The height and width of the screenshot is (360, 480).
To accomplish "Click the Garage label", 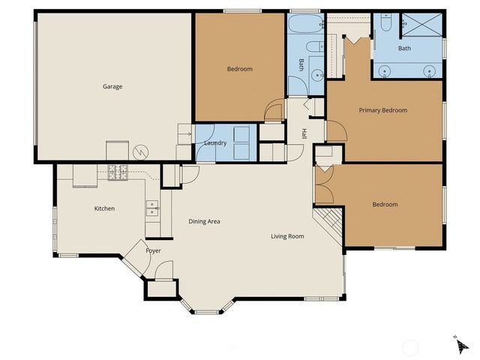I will click(x=112, y=86).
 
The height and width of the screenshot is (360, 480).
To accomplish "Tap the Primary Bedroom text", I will click(x=382, y=110).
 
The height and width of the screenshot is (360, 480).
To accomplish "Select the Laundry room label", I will click(x=215, y=142).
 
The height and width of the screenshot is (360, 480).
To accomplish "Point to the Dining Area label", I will click(x=204, y=221).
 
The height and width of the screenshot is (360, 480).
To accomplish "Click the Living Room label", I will click(x=287, y=236).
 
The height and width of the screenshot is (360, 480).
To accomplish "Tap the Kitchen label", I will click(x=104, y=208).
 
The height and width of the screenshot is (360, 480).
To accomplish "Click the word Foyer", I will click(x=153, y=250).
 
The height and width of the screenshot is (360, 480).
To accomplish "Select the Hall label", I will click(x=304, y=133).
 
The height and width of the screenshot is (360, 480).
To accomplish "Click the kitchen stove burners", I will click(x=118, y=172).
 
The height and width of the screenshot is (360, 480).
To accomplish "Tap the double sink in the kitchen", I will click(x=152, y=208).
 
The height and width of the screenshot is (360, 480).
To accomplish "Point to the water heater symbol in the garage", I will click(x=139, y=152).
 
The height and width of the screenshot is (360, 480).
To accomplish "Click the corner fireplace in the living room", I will click(x=327, y=223).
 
